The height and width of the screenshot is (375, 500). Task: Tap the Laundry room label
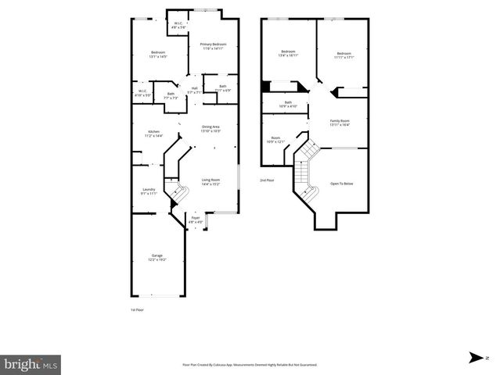click(x=149, y=191)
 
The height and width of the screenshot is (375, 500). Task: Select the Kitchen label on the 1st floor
click(x=153, y=133)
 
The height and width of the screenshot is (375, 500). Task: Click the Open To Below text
click(x=342, y=184)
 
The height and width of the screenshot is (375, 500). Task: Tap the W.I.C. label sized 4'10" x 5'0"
click(x=142, y=93)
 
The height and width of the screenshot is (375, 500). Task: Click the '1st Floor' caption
click(x=138, y=310)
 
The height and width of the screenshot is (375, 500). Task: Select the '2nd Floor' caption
click(x=268, y=180)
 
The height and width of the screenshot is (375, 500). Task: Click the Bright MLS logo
click(x=31, y=363)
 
